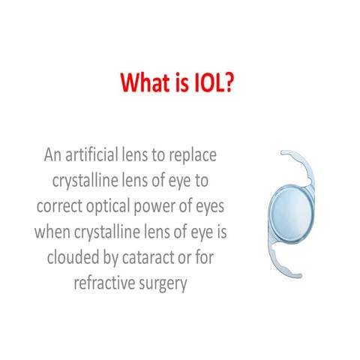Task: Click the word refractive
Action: point(104,281)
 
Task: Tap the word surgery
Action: point(162,281)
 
